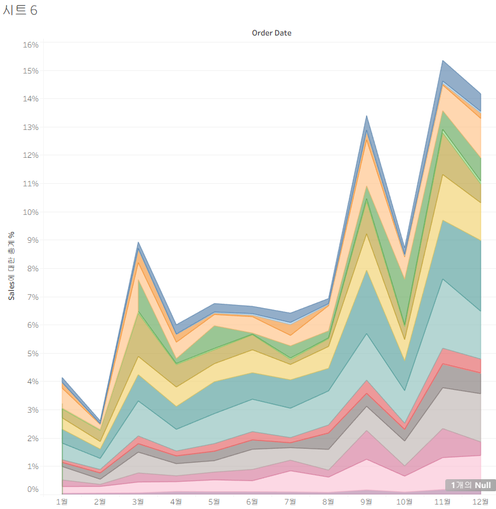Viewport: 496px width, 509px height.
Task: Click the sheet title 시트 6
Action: [20, 10]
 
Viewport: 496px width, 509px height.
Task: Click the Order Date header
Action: [271, 33]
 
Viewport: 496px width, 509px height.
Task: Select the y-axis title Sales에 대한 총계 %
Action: [11, 266]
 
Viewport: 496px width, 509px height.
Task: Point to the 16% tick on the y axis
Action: [30, 45]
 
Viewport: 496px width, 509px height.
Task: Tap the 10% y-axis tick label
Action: [30, 212]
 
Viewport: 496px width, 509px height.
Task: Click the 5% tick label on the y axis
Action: [32, 354]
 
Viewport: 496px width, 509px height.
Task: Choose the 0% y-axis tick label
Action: [32, 489]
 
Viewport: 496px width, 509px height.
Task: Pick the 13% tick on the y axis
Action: [30, 127]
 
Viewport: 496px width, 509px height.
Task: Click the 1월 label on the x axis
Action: [62, 502]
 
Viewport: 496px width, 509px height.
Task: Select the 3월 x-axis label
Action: [138, 502]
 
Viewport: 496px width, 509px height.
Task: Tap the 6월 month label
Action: [252, 502]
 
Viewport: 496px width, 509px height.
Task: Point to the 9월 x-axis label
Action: [367, 502]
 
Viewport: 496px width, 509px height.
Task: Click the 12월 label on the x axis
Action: [480, 502]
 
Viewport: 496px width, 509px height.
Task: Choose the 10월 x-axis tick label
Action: [405, 502]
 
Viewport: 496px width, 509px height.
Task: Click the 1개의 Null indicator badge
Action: [471, 486]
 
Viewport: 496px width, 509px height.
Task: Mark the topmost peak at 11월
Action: [443, 61]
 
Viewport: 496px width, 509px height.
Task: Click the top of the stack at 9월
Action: [367, 116]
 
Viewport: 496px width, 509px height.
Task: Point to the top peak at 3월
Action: [138, 242]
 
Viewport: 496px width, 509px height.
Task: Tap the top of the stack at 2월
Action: [100, 420]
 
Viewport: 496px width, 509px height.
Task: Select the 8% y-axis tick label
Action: [32, 269]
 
